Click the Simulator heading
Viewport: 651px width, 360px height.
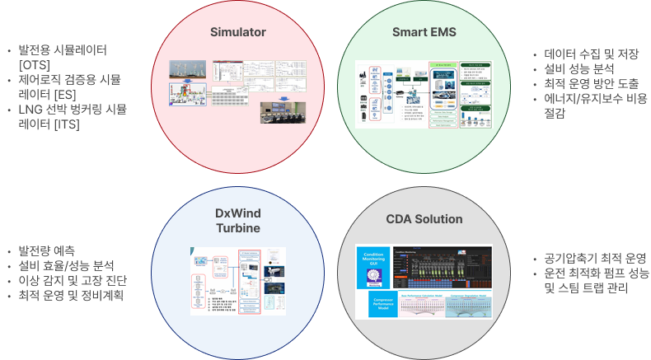[237, 33]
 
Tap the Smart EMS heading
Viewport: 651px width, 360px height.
[424, 33]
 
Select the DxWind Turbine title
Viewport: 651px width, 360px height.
[237, 222]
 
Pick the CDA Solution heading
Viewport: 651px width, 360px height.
[424, 219]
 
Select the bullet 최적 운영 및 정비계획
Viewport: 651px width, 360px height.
[70, 295]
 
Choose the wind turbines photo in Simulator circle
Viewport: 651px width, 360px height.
[190, 69]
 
